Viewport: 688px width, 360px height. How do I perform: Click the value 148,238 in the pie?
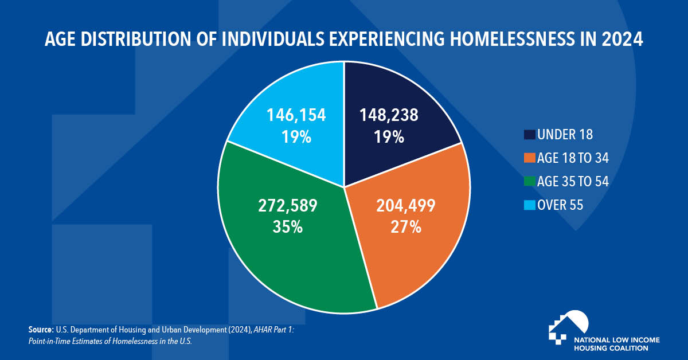click(x=389, y=115)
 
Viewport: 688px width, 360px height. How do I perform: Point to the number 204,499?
click(x=406, y=205)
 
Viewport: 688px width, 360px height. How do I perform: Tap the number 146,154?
click(x=296, y=115)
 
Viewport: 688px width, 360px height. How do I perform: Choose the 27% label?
click(x=406, y=226)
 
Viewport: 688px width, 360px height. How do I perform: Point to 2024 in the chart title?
click(x=624, y=41)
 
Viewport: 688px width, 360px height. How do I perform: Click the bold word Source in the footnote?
click(x=40, y=330)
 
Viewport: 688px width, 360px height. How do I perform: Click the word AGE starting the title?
click(x=60, y=41)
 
